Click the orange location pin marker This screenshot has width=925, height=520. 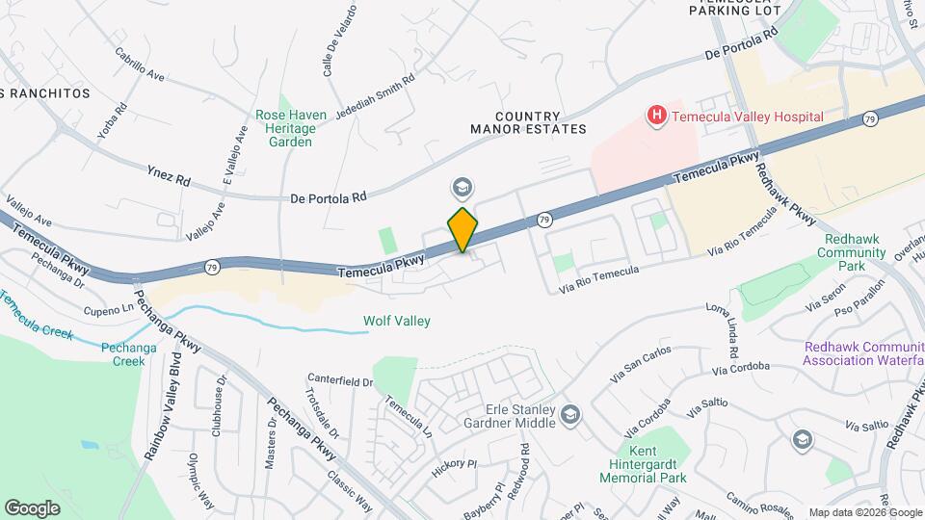tap(462, 230)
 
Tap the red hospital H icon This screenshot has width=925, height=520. tap(657, 117)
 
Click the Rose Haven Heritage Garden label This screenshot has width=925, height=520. tap(290, 128)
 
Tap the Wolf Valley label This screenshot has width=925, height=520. tap(396, 321)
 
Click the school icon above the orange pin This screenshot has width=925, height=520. tap(462, 186)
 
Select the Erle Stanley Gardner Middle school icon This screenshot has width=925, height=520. tap(569, 415)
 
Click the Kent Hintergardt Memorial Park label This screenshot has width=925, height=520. tap(643, 464)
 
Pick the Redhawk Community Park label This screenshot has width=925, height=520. tap(853, 252)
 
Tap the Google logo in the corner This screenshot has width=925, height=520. tap(32, 507)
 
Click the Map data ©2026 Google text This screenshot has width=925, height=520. tap(863, 512)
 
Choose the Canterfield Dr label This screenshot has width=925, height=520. tap(340, 381)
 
